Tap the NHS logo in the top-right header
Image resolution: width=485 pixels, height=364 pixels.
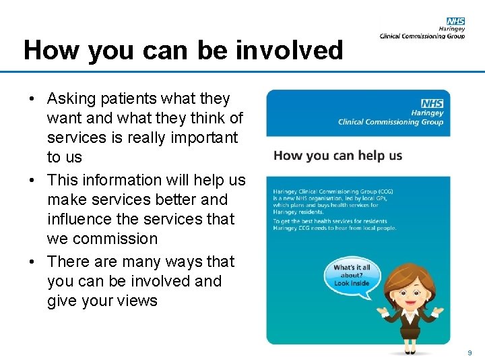coord(455,22)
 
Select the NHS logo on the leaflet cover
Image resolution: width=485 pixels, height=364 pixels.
coord(432,103)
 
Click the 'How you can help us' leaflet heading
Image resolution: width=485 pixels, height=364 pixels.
coord(337,156)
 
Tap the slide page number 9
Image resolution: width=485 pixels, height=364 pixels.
coord(470,353)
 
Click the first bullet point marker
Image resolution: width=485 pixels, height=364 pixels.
coord(32,99)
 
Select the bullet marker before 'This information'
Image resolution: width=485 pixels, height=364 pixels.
coord(32,181)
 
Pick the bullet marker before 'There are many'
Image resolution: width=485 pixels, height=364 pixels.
coord(32,262)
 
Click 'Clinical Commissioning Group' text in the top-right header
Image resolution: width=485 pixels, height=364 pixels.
coord(422,36)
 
